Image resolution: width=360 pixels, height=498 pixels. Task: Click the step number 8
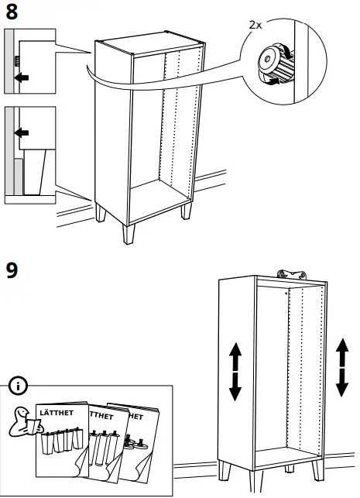12,13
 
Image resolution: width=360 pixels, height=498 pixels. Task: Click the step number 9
13,272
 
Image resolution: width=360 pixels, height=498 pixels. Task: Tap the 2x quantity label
255,25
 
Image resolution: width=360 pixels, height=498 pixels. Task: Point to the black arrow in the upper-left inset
25,77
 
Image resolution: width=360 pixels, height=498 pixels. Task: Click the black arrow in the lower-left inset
25,132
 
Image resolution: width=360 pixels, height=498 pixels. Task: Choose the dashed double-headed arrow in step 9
341,367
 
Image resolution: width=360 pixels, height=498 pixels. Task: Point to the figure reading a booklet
22,419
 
